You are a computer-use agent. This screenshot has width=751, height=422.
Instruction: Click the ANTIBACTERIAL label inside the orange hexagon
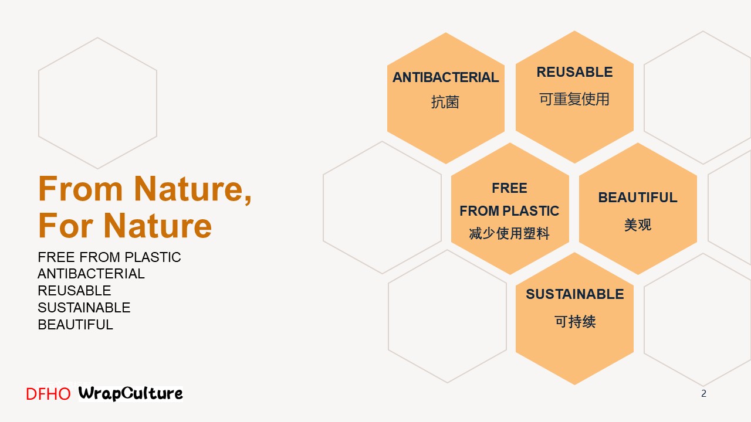pyautogui.click(x=445, y=77)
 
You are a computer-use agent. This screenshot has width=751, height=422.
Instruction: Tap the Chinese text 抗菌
pyautogui.click(x=445, y=102)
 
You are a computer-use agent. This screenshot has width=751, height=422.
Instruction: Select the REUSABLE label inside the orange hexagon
pyautogui.click(x=574, y=72)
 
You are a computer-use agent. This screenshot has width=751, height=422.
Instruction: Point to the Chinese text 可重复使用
pyautogui.click(x=574, y=99)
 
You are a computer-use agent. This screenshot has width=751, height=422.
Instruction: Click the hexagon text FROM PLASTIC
pyautogui.click(x=509, y=211)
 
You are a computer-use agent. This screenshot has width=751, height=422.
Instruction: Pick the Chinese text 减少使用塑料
pyautogui.click(x=509, y=233)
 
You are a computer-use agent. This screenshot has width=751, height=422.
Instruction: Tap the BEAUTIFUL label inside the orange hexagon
pyautogui.click(x=638, y=198)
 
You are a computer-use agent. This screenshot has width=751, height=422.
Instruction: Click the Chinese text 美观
pyautogui.click(x=638, y=224)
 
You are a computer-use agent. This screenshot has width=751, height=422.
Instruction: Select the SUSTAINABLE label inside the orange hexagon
pyautogui.click(x=574, y=294)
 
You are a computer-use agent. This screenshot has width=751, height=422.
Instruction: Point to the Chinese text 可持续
pyautogui.click(x=575, y=322)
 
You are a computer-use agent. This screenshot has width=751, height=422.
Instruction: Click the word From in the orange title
pyautogui.click(x=80, y=189)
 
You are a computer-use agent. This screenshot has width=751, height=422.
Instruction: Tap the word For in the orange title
pyautogui.click(x=66, y=226)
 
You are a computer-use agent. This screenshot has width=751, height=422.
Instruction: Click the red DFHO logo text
pyautogui.click(x=48, y=394)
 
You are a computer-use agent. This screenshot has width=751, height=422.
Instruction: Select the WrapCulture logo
pyautogui.click(x=130, y=393)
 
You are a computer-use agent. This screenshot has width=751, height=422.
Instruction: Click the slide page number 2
pyautogui.click(x=703, y=393)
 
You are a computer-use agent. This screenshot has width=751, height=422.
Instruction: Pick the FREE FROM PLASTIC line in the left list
pyautogui.click(x=109, y=257)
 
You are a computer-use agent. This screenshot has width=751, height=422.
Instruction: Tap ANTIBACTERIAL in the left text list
pyautogui.click(x=91, y=274)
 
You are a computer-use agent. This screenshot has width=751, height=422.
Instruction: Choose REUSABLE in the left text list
pyautogui.click(x=75, y=291)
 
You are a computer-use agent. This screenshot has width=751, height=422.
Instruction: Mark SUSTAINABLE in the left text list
pyautogui.click(x=84, y=308)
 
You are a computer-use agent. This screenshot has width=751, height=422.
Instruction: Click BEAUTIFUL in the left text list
pyautogui.click(x=76, y=325)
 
